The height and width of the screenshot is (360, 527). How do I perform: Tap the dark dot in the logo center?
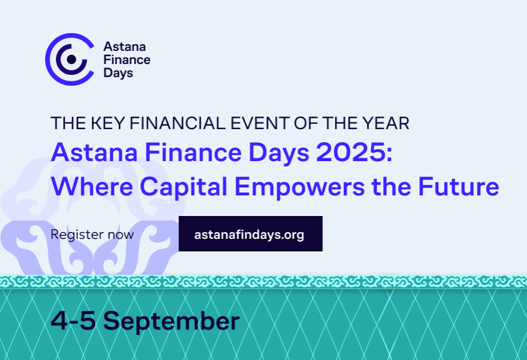click(71, 58)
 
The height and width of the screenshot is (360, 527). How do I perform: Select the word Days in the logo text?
click(118, 73)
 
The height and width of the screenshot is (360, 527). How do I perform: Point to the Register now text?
click(92, 234)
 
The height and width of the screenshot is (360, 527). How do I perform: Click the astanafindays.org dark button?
click(250, 234)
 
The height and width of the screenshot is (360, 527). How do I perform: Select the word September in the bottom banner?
click(171, 322)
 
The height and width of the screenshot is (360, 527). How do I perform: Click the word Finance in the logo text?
click(127, 59)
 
